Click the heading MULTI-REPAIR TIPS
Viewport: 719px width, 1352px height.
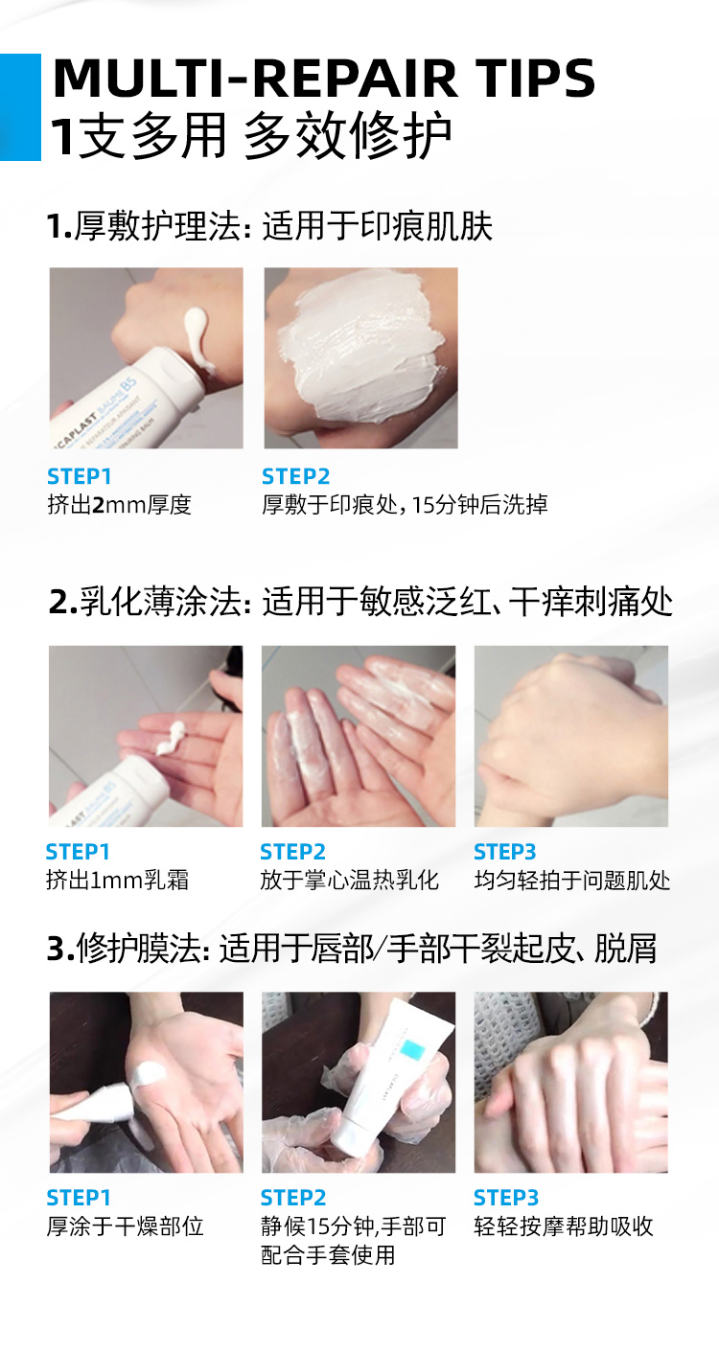tap(324, 78)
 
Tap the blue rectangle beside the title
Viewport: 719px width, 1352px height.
tap(20, 107)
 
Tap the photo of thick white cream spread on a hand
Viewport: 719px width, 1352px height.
tap(361, 358)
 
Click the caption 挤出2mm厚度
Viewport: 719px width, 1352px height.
tap(120, 505)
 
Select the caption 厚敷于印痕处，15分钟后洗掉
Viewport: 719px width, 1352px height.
tap(405, 505)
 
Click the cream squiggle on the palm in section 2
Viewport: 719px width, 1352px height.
tap(172, 738)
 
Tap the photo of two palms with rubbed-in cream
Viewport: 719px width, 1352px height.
tap(359, 736)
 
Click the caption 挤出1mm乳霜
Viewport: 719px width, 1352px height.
tap(118, 880)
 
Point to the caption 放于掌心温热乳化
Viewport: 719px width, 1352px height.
tap(350, 880)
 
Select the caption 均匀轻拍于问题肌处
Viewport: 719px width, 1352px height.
tap(572, 880)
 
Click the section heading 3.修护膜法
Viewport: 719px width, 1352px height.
tap(128, 949)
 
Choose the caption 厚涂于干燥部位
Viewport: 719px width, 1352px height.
tap(125, 1226)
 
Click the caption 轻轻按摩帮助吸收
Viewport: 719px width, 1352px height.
tap(564, 1226)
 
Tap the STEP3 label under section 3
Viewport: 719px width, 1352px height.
tap(506, 1198)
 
